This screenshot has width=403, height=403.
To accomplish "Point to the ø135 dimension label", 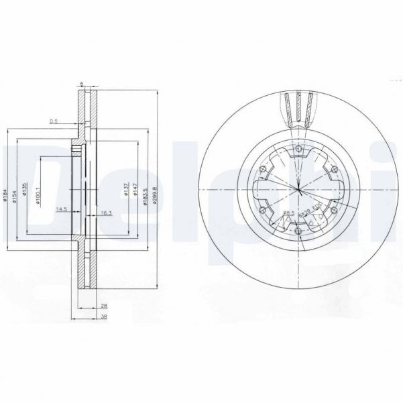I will [25, 194].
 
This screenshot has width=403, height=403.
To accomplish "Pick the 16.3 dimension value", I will [105, 213].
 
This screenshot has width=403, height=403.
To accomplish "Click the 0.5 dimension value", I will [53, 121].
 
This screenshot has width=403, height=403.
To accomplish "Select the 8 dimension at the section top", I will [81, 84].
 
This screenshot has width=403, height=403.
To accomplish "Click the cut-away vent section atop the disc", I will [298, 107].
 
